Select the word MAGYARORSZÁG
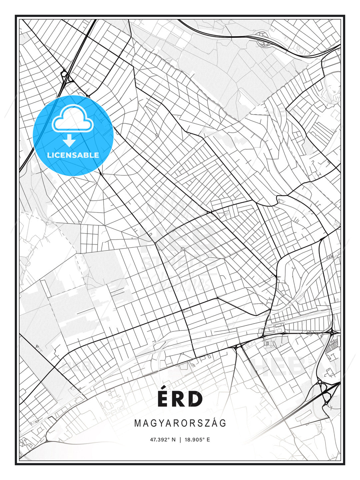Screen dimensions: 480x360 (x=180, y=423)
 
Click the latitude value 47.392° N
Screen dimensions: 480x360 (x=163, y=440)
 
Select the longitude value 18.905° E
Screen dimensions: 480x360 (x=197, y=440)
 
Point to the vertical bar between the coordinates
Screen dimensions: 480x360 (x=180, y=440)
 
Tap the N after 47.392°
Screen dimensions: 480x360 (x=174, y=440)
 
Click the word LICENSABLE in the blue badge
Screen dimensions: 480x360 (x=73, y=155)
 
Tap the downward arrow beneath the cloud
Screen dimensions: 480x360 (x=69, y=141)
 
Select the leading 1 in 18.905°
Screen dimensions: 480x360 (x=185, y=440)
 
